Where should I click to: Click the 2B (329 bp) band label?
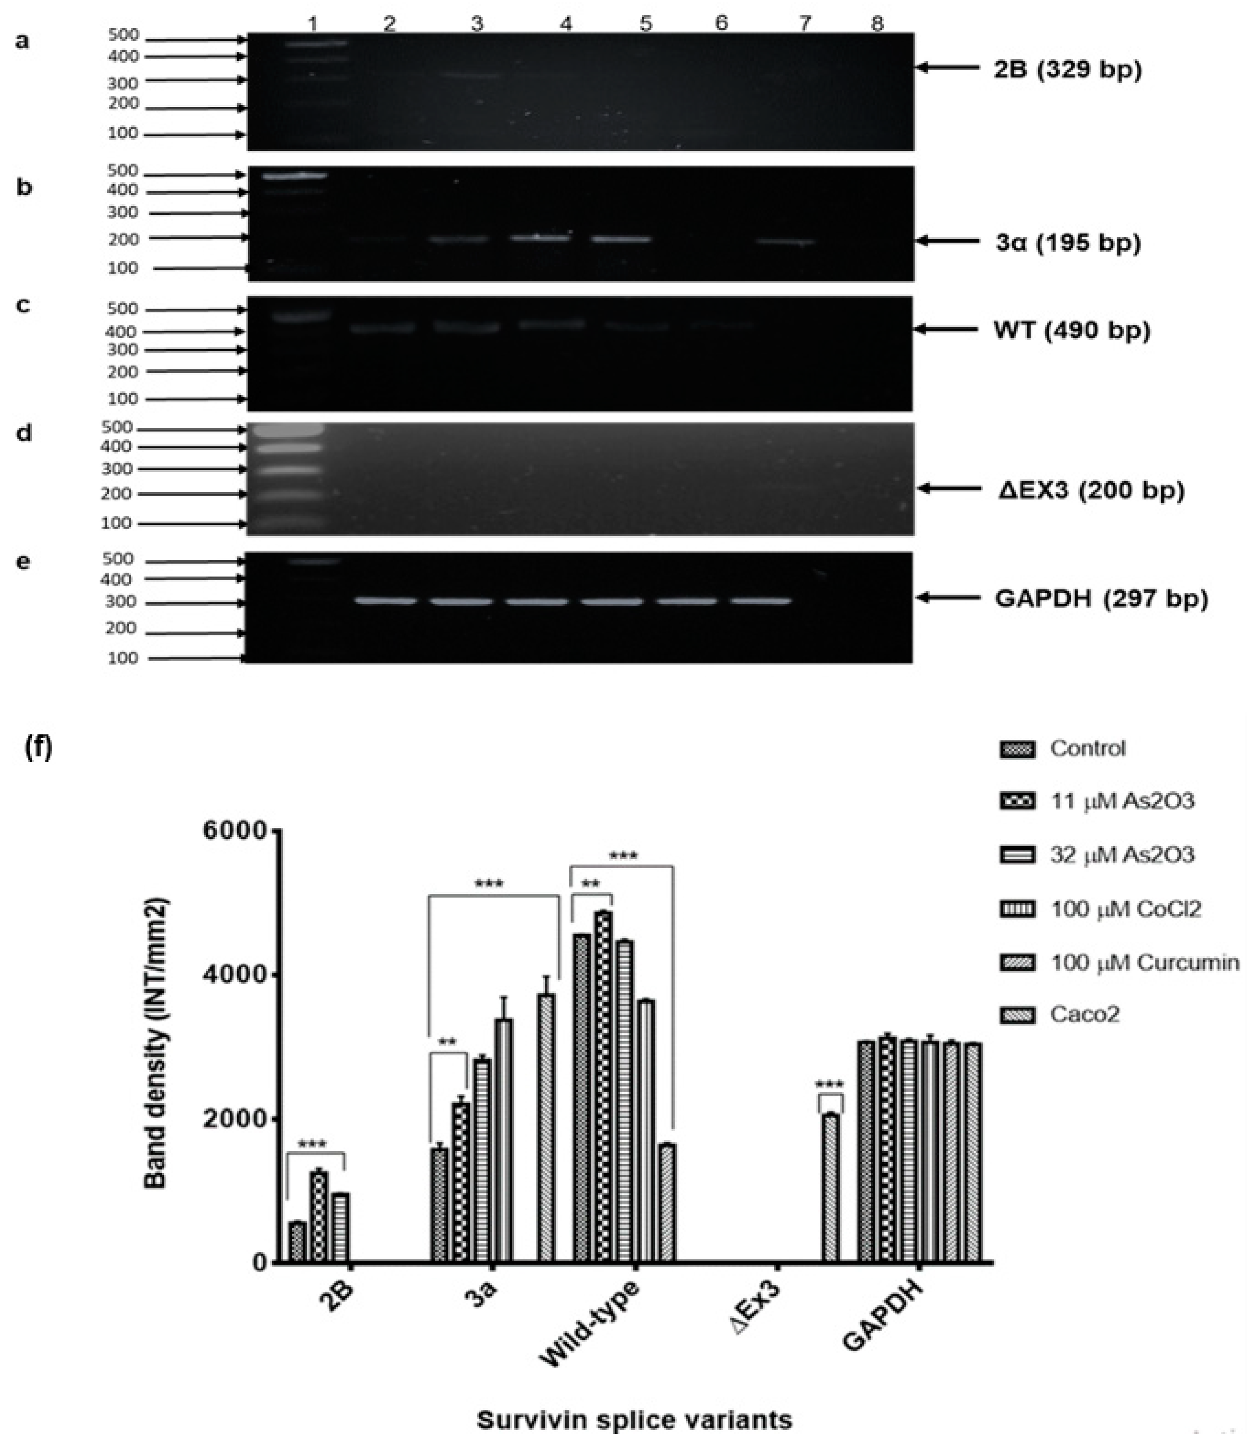(x=1067, y=70)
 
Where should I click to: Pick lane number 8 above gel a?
(x=877, y=24)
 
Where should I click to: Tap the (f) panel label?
(x=39, y=748)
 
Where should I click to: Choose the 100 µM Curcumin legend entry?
(x=1144, y=962)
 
